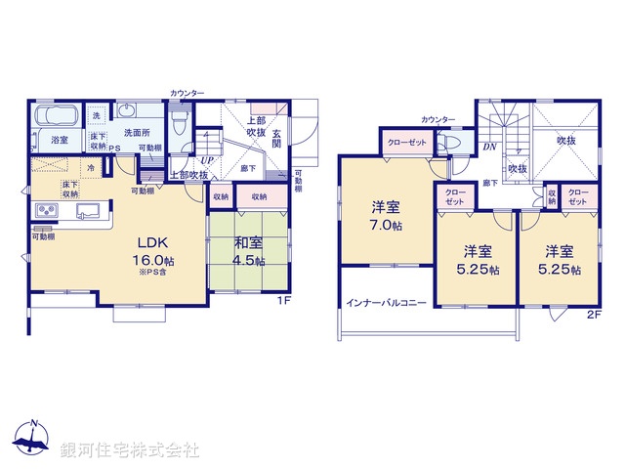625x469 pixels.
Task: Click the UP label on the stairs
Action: tap(207, 160)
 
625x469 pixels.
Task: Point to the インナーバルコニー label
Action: tap(386, 303)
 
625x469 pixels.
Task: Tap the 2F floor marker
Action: tap(593, 315)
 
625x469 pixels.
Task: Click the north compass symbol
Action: tap(32, 439)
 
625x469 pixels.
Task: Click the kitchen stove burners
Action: tap(47, 211)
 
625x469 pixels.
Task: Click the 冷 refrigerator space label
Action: tap(91, 167)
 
